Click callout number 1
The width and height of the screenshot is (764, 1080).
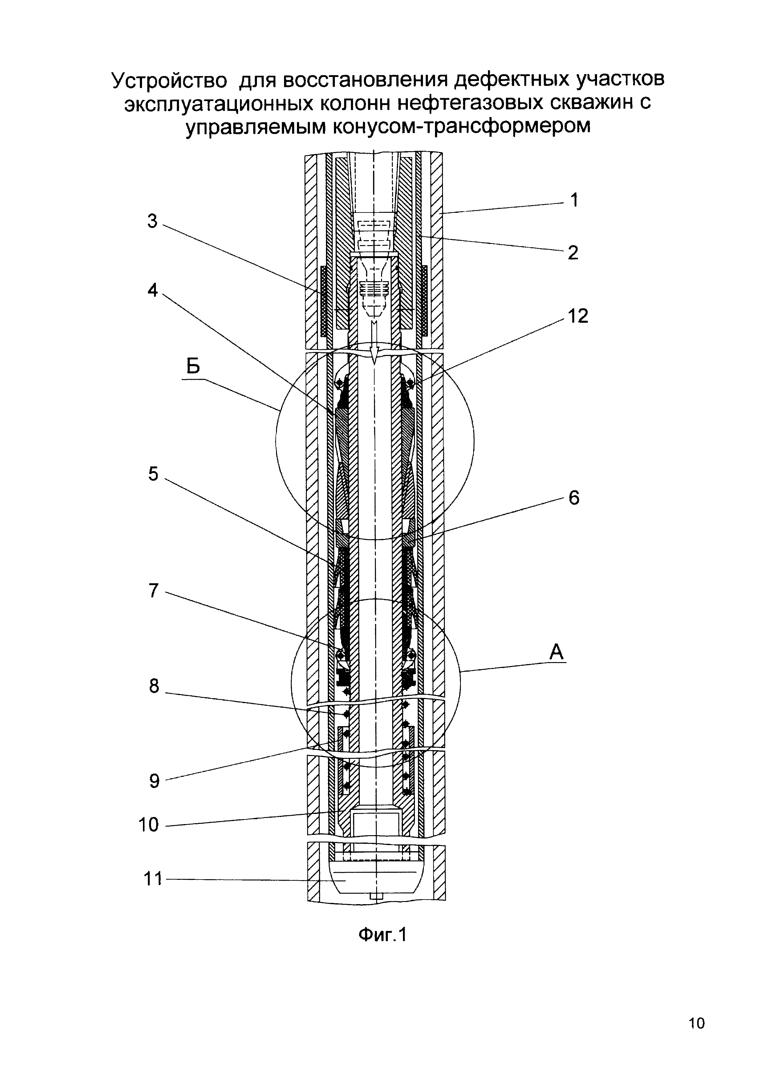574,200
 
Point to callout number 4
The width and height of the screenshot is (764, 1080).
152,290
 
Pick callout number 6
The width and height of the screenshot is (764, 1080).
574,498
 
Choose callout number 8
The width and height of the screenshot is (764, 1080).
154,686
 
